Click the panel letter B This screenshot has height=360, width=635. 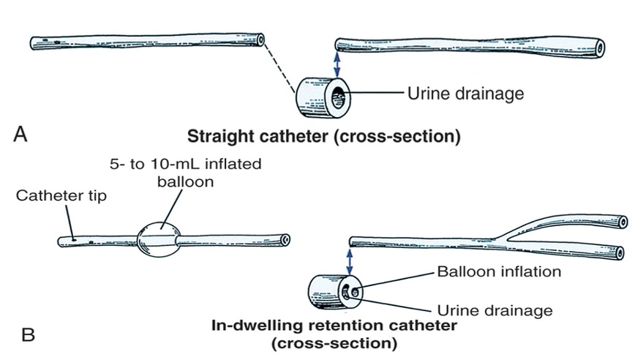(28, 335)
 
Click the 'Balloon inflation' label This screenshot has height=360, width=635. (499, 271)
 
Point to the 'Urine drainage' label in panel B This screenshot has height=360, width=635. (494, 310)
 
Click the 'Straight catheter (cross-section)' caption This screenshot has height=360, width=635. (324, 137)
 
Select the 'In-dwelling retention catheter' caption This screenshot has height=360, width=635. (334, 324)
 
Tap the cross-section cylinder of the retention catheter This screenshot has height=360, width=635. (332, 293)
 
